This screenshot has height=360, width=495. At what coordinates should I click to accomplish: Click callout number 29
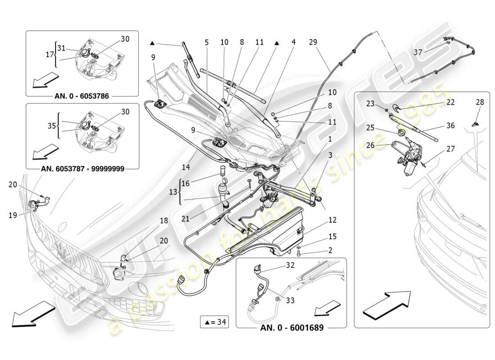click(313, 42)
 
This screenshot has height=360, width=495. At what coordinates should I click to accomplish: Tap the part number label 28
click(480, 102)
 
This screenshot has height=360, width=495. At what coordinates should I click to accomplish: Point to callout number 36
click(450, 126)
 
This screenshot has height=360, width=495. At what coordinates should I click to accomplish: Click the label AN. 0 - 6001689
click(292, 328)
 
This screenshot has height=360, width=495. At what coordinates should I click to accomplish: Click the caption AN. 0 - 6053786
click(82, 96)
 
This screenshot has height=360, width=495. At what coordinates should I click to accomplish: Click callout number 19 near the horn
click(13, 215)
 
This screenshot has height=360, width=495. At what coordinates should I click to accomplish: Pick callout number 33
click(290, 300)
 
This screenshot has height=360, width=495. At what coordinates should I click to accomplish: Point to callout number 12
click(333, 220)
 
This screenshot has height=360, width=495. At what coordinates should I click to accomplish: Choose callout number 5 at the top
click(207, 42)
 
